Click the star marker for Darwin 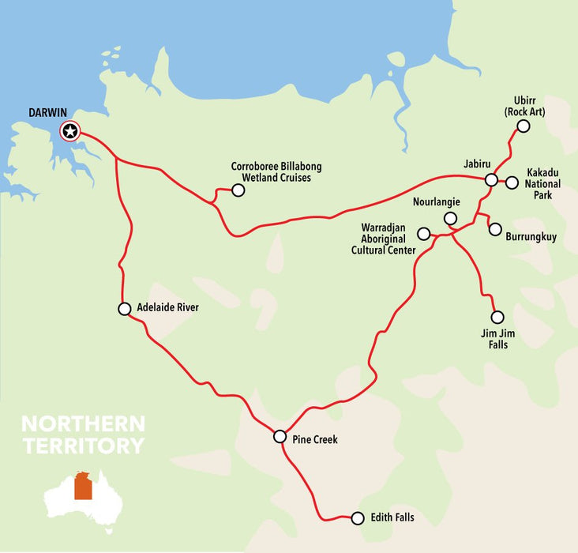click(x=70, y=131)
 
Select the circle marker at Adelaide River click(x=124, y=309)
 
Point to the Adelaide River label click(x=167, y=308)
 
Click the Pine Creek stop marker click(x=280, y=436)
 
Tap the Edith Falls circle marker click(x=357, y=518)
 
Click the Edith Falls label click(x=392, y=518)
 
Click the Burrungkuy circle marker click(x=495, y=230)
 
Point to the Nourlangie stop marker click(x=450, y=218)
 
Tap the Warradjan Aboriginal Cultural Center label click(x=383, y=239)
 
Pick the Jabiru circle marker click(x=491, y=180)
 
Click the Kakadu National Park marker click(x=512, y=182)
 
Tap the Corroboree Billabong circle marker click(x=238, y=190)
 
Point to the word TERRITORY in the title click(x=84, y=446)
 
